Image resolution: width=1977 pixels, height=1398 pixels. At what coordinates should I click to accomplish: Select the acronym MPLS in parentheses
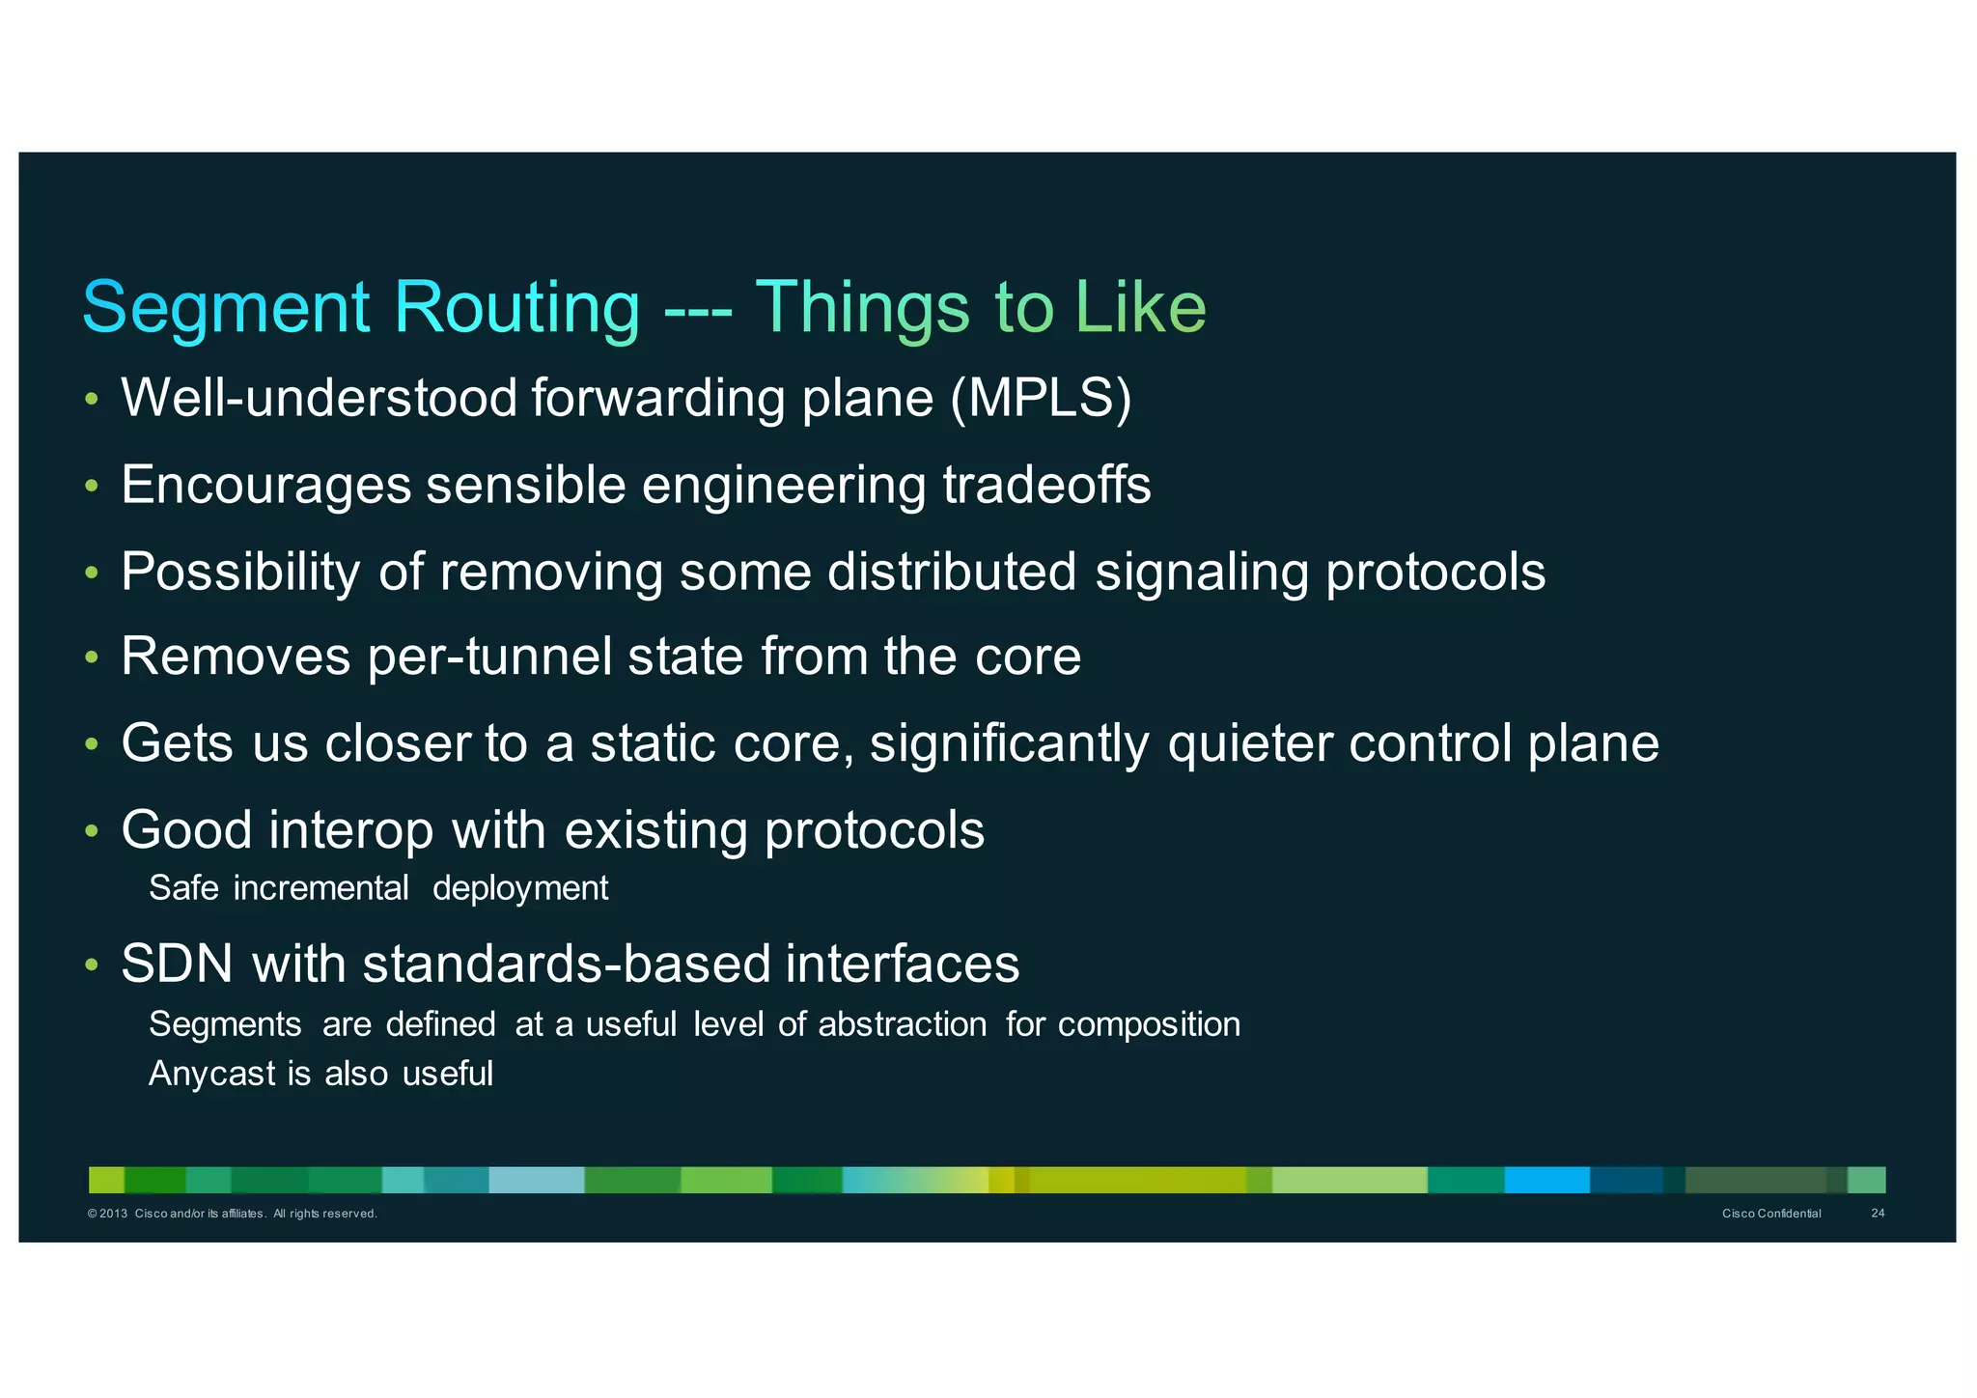click(1041, 398)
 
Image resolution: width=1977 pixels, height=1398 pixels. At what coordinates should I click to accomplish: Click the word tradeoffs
click(1046, 485)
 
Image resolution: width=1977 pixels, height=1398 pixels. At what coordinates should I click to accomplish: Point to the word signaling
click(1201, 572)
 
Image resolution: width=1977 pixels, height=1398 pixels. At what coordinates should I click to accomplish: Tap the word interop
click(351, 830)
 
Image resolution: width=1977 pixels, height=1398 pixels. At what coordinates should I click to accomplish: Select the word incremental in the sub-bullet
click(320, 888)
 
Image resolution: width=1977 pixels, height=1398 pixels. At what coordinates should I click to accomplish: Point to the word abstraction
click(902, 1024)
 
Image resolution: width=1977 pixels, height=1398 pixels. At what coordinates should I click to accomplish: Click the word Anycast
click(211, 1074)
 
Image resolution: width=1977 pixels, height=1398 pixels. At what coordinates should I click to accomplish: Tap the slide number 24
click(1878, 1214)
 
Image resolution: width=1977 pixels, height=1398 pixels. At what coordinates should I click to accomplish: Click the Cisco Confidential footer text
click(1771, 1214)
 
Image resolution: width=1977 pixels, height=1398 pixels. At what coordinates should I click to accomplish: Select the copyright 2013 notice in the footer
click(232, 1214)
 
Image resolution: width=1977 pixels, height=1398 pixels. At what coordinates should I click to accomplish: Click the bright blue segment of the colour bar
click(1546, 1180)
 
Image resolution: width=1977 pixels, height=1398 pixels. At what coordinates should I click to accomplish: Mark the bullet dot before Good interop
click(92, 830)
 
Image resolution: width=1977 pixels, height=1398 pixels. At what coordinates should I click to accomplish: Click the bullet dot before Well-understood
click(92, 399)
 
